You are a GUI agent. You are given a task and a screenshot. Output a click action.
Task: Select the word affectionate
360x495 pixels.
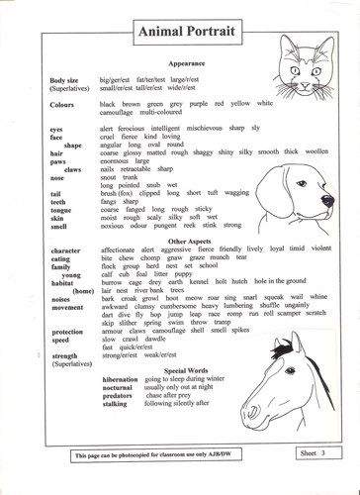point(123,250)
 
